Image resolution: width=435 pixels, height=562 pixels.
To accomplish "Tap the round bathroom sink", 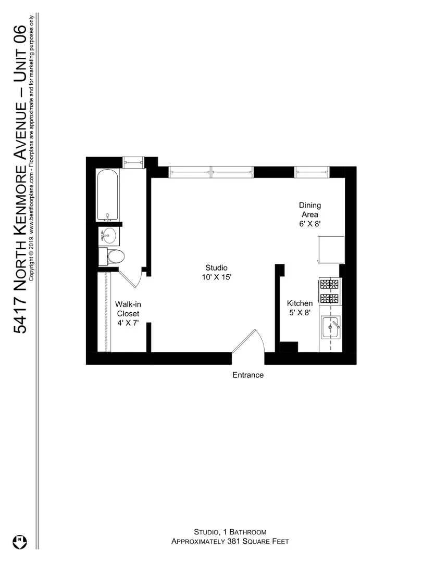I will coord(108,236).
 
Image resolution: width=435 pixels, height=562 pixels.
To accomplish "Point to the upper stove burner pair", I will coord(329,284).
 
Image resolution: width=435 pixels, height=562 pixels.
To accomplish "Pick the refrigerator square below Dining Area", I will coord(331,250).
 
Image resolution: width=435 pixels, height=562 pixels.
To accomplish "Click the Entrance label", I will coord(248,375).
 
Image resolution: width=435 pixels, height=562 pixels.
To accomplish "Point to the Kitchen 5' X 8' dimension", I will coord(300,313).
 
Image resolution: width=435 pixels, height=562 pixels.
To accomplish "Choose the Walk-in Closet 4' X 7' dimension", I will coord(128,322).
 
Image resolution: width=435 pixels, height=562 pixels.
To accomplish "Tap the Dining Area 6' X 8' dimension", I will coord(310,224).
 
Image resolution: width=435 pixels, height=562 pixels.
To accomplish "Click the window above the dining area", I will coord(312,172).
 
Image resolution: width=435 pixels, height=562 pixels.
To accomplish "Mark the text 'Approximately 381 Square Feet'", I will coord(230,542).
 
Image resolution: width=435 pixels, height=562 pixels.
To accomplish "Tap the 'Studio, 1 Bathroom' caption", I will coord(230,532).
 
